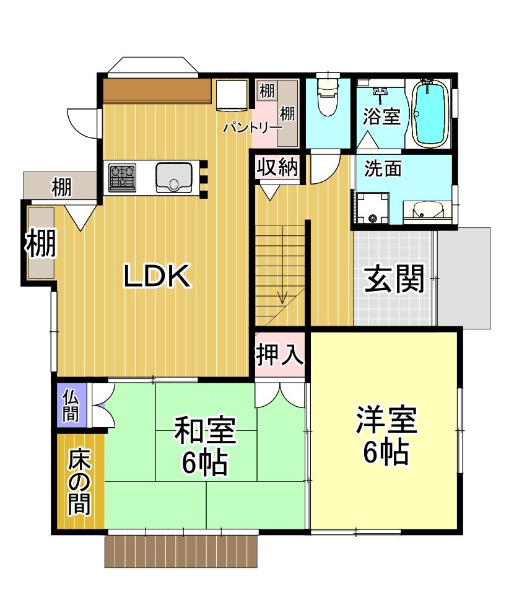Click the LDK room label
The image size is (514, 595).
[157, 276]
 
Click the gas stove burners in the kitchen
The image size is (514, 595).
[122, 177]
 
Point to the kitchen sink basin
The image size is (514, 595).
[174, 178]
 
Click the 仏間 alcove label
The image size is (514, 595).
[71, 406]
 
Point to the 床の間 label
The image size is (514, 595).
[79, 481]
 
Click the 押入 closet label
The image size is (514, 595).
[280, 354]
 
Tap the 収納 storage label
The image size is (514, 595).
[277, 167]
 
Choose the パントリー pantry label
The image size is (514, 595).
[253, 127]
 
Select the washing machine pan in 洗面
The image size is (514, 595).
[373, 208]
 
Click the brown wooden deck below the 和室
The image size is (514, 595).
[181, 551]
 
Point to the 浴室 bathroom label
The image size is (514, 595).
[381, 116]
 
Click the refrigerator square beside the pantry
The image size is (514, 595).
[232, 95]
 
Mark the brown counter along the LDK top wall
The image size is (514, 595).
[157, 90]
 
